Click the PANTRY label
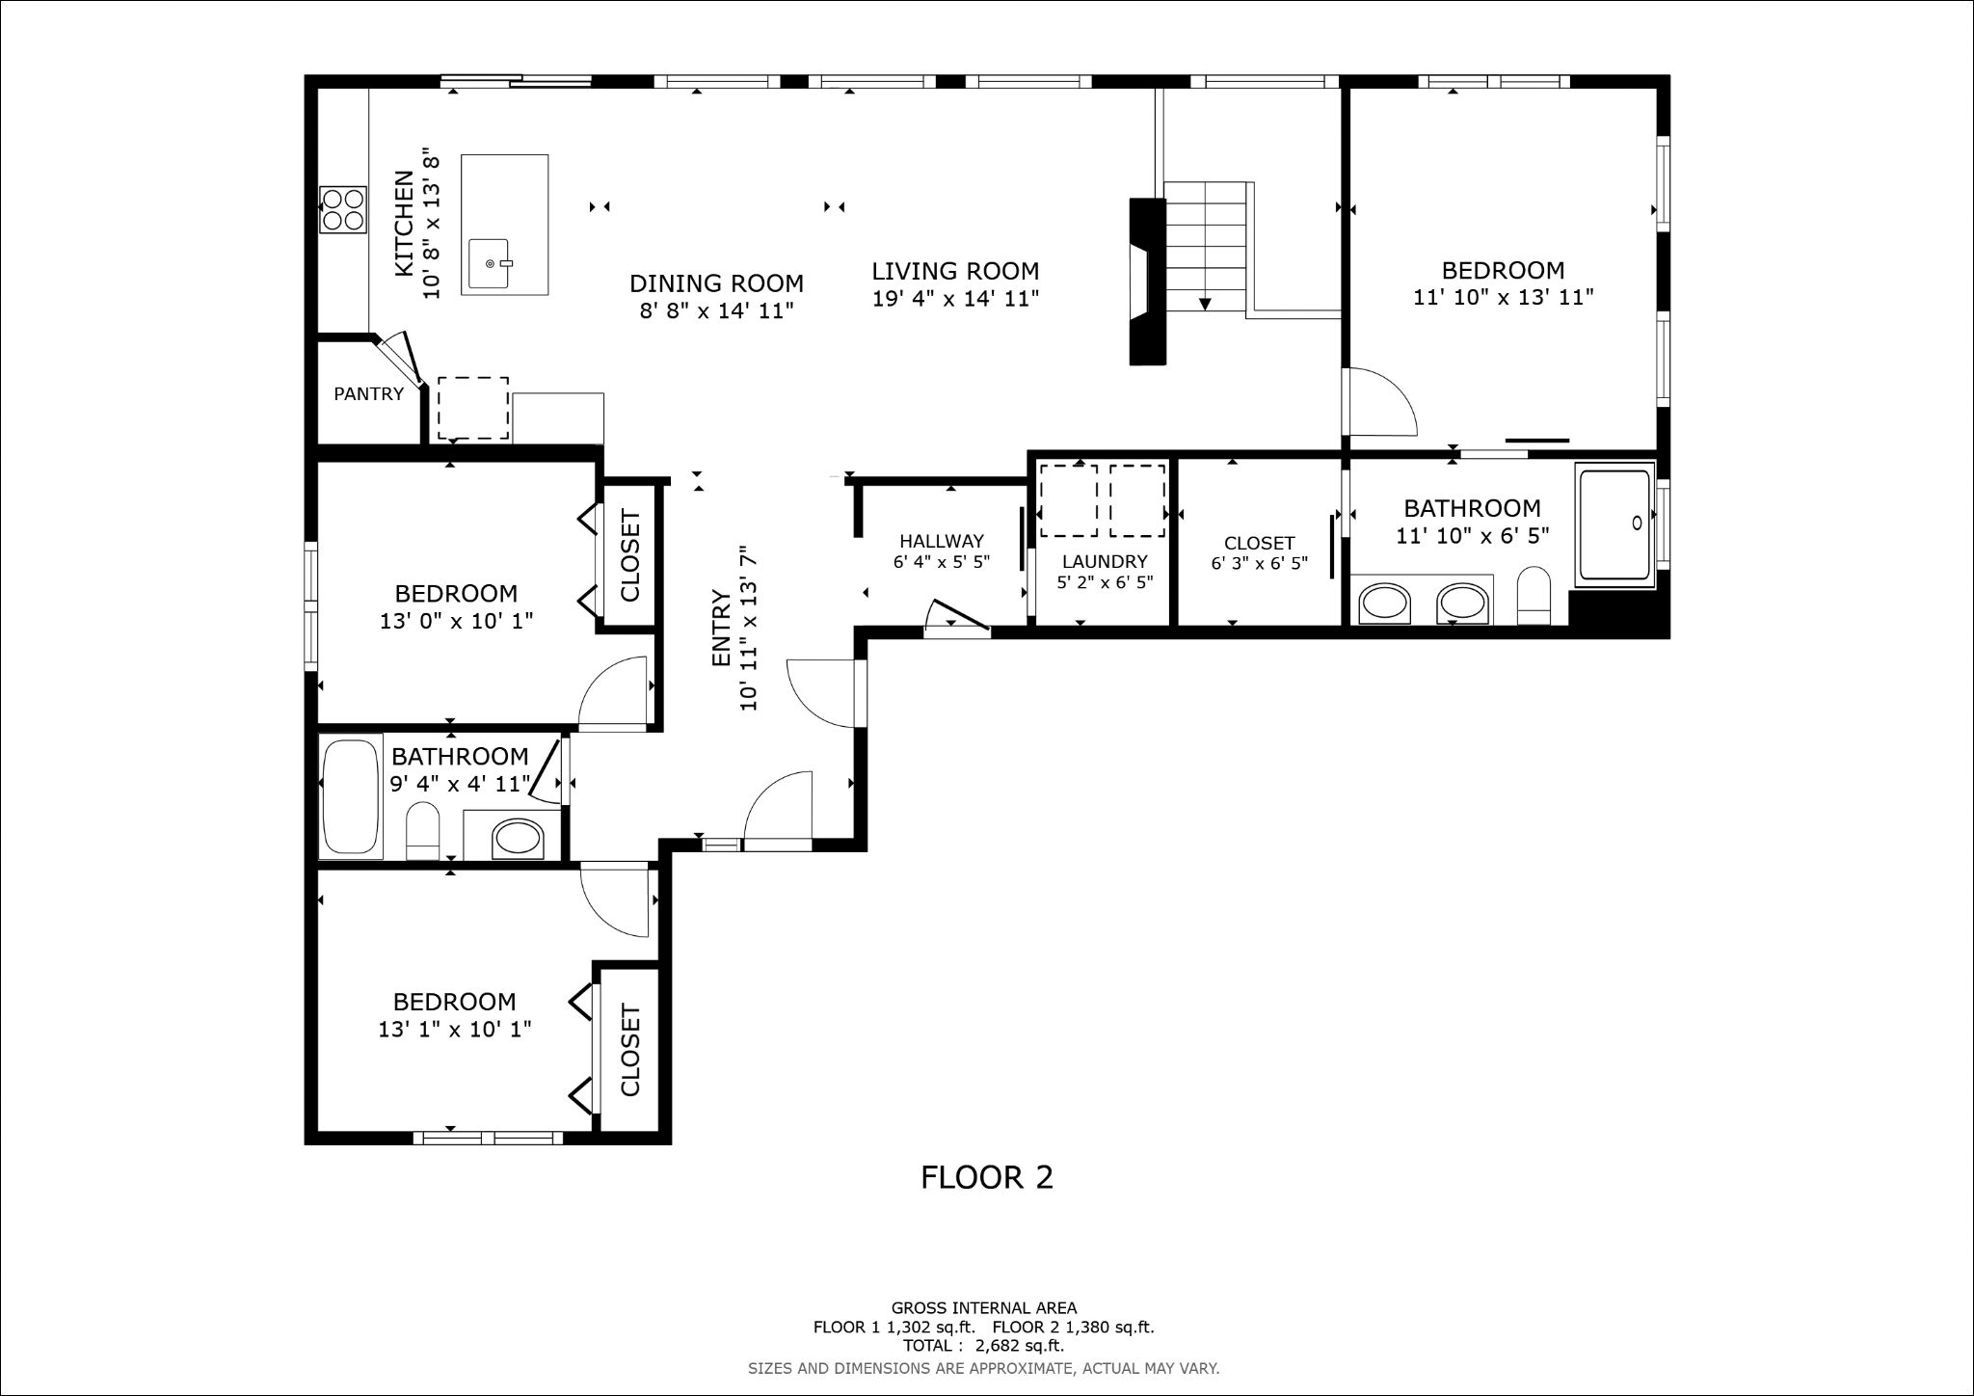(x=368, y=393)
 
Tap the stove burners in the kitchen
(x=343, y=209)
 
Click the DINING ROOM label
(x=716, y=283)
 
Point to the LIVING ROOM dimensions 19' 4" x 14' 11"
(x=955, y=299)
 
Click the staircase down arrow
(x=1205, y=305)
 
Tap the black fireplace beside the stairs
(x=1148, y=282)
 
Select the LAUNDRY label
(x=1105, y=561)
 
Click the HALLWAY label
(x=942, y=541)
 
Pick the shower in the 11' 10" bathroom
(x=1614, y=525)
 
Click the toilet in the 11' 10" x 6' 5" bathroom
(x=1533, y=597)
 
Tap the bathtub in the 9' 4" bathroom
(x=352, y=796)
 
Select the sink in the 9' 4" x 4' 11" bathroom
(x=518, y=839)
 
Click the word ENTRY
(x=721, y=628)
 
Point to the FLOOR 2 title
(x=987, y=1177)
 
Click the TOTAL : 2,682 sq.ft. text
(x=983, y=1346)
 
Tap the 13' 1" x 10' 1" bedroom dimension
(x=455, y=1030)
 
